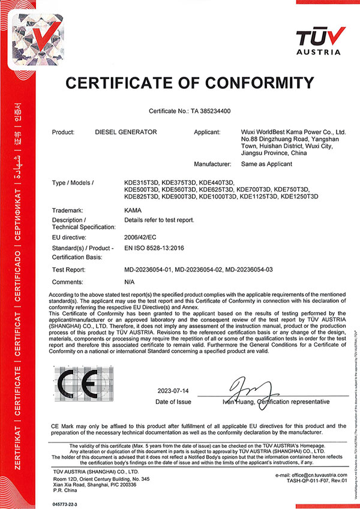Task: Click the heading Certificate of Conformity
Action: click(190, 82)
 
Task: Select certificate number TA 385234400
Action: click(214, 111)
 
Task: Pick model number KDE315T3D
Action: click(142, 182)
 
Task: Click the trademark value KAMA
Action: click(131, 210)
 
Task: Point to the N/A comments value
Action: click(128, 281)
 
